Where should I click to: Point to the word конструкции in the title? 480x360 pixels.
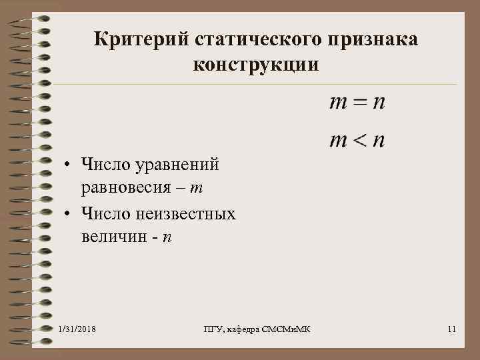(x=256, y=65)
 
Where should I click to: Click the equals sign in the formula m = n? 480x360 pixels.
(x=359, y=103)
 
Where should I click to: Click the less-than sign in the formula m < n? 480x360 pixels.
(x=359, y=141)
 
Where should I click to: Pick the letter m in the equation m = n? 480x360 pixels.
(x=339, y=104)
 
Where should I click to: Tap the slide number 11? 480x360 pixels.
(x=452, y=329)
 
